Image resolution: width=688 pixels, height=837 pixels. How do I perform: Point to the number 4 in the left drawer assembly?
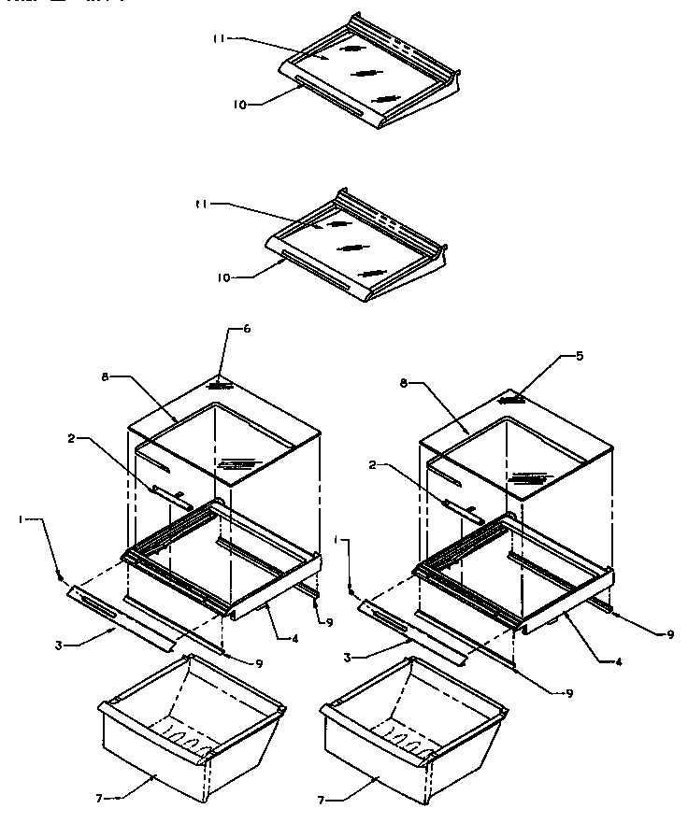294,638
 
